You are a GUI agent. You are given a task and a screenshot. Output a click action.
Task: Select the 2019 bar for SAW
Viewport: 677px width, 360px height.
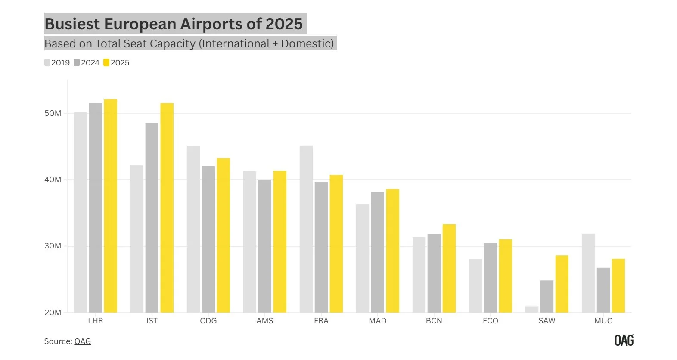[532, 309]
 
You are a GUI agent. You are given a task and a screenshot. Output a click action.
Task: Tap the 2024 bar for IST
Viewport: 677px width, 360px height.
[152, 217]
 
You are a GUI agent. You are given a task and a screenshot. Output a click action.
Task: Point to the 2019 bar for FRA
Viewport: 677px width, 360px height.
[306, 229]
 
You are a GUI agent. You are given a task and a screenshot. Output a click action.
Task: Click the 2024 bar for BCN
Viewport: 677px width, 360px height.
[434, 273]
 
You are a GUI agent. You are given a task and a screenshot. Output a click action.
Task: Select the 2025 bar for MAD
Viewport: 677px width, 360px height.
[392, 251]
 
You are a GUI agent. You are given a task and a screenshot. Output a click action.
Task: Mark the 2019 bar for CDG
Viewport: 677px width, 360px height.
[193, 229]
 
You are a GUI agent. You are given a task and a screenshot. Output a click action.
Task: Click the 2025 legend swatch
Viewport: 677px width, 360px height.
[106, 63]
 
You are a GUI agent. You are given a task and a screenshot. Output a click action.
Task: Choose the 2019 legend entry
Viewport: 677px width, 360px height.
[57, 63]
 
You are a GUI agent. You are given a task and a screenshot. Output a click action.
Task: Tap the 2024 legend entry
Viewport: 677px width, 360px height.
[87, 63]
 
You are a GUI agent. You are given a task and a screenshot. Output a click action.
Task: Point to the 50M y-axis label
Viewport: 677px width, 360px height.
[53, 113]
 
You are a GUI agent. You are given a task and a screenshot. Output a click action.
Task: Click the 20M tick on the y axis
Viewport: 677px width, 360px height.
[53, 312]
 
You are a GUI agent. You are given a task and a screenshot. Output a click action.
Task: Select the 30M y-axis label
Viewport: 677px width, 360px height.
[53, 246]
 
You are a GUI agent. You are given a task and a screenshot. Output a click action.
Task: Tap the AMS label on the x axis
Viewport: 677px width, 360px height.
[265, 321]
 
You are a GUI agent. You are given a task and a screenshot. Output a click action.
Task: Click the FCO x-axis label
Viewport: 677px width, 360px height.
[491, 321]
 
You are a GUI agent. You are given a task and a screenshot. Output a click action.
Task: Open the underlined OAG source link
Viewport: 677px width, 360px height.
[83, 341]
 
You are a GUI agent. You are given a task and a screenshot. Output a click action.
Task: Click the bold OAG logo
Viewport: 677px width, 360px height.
[624, 340]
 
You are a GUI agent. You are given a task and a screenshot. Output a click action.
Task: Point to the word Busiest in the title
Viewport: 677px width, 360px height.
[72, 24]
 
